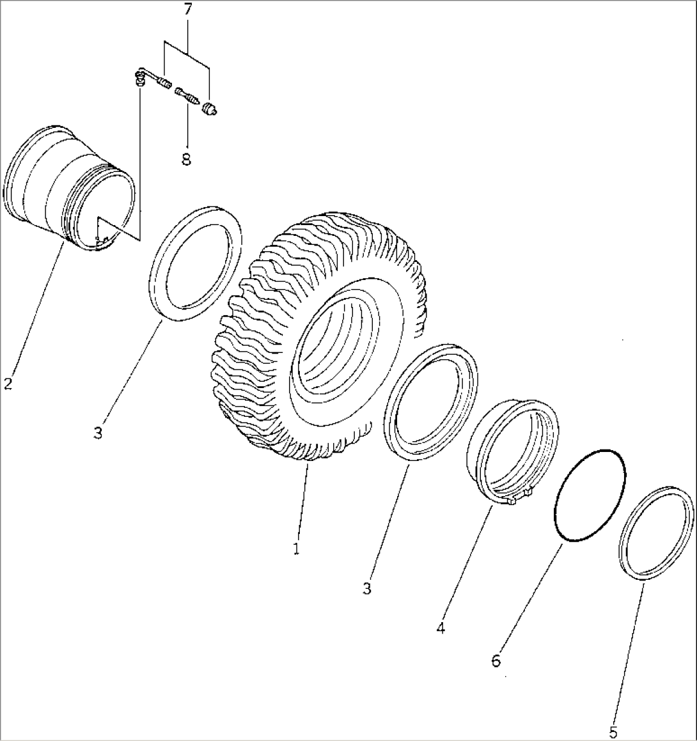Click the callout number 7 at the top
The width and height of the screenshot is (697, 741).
(187, 10)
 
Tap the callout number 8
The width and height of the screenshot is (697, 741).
(186, 159)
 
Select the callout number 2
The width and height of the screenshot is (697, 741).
(8, 383)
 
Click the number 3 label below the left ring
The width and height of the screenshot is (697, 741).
(98, 433)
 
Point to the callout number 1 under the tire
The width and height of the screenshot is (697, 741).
(296, 549)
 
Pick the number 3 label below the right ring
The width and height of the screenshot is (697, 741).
(367, 589)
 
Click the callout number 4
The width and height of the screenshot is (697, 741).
(441, 628)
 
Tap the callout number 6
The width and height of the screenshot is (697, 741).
(496, 660)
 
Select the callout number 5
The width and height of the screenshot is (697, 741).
(613, 733)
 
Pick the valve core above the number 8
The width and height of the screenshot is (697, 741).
(187, 96)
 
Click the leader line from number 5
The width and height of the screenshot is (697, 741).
(629, 654)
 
